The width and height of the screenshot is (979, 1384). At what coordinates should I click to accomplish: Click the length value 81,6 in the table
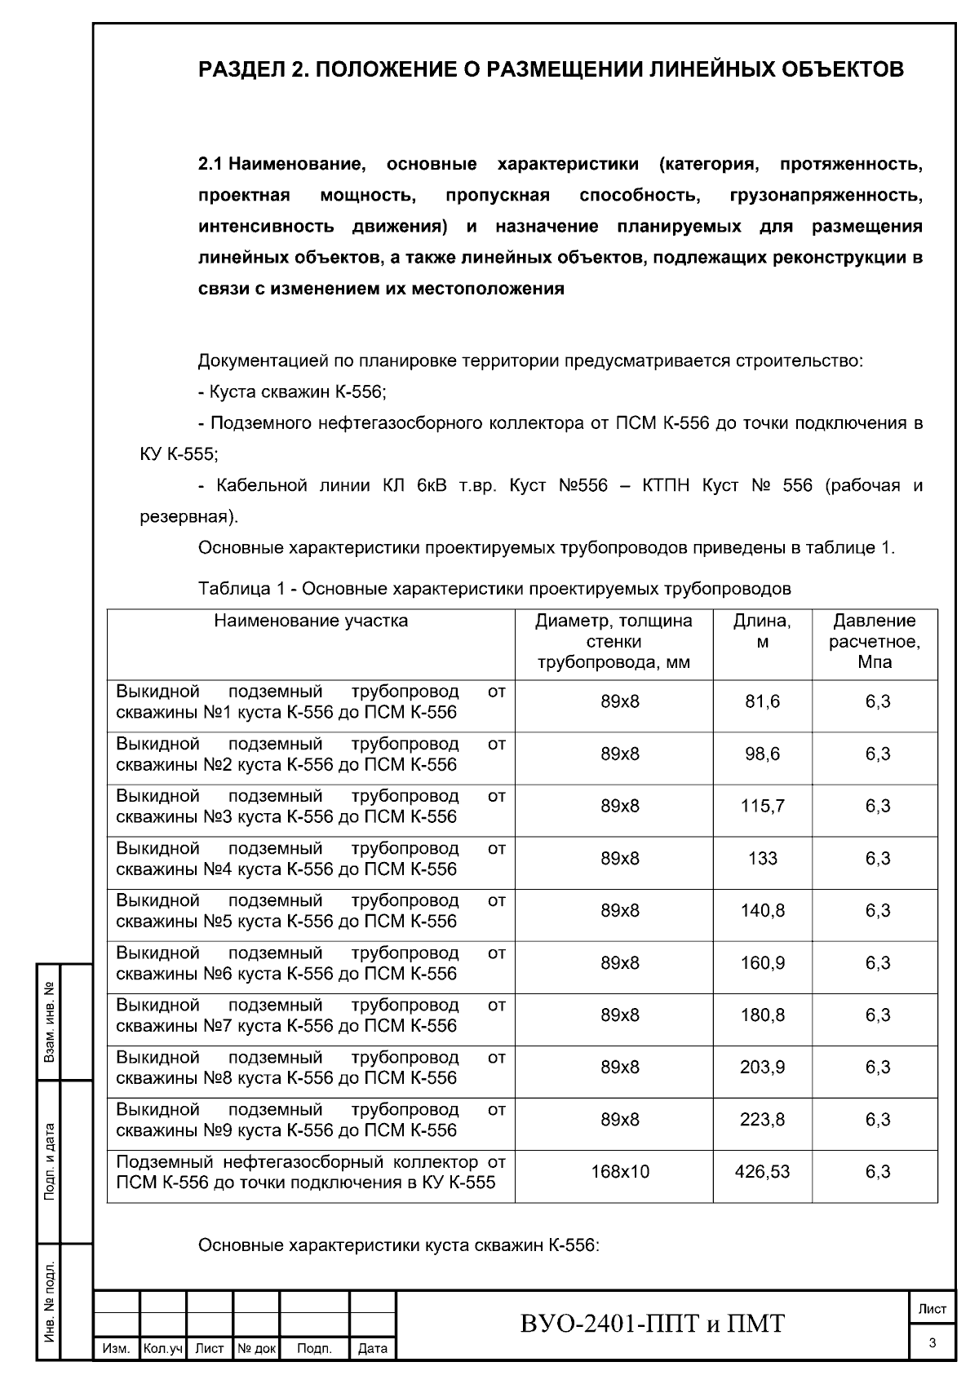(x=762, y=701)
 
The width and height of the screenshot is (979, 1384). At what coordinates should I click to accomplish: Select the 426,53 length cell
(x=762, y=1172)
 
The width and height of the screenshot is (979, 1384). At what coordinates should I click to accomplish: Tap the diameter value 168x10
(x=620, y=1172)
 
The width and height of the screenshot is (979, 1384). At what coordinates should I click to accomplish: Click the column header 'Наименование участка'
(x=311, y=621)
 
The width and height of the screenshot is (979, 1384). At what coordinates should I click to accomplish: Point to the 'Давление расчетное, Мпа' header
(x=875, y=641)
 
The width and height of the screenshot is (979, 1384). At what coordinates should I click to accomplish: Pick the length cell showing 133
(x=762, y=858)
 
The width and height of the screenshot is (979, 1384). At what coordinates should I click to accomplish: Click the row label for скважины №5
(x=310, y=911)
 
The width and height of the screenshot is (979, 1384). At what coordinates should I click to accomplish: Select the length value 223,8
(x=762, y=1120)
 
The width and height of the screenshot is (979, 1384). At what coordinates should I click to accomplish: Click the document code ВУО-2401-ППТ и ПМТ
(x=652, y=1323)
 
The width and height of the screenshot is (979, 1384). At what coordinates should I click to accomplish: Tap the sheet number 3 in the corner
(x=932, y=1343)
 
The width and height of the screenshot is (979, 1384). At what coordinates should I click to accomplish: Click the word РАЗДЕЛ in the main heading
(x=241, y=69)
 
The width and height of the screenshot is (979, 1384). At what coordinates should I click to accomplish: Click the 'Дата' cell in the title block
(x=373, y=1349)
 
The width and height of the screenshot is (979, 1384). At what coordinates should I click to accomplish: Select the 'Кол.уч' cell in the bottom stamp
(x=163, y=1349)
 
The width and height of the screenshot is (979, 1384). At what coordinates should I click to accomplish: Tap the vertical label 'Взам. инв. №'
(x=50, y=1022)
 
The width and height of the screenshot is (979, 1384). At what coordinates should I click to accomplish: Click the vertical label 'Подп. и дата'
(x=50, y=1161)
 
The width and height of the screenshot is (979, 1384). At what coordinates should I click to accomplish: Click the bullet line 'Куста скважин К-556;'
(x=292, y=392)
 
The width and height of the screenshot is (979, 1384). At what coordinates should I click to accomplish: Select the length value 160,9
(x=762, y=963)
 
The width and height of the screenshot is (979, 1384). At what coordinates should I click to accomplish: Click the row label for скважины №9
(x=310, y=1120)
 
